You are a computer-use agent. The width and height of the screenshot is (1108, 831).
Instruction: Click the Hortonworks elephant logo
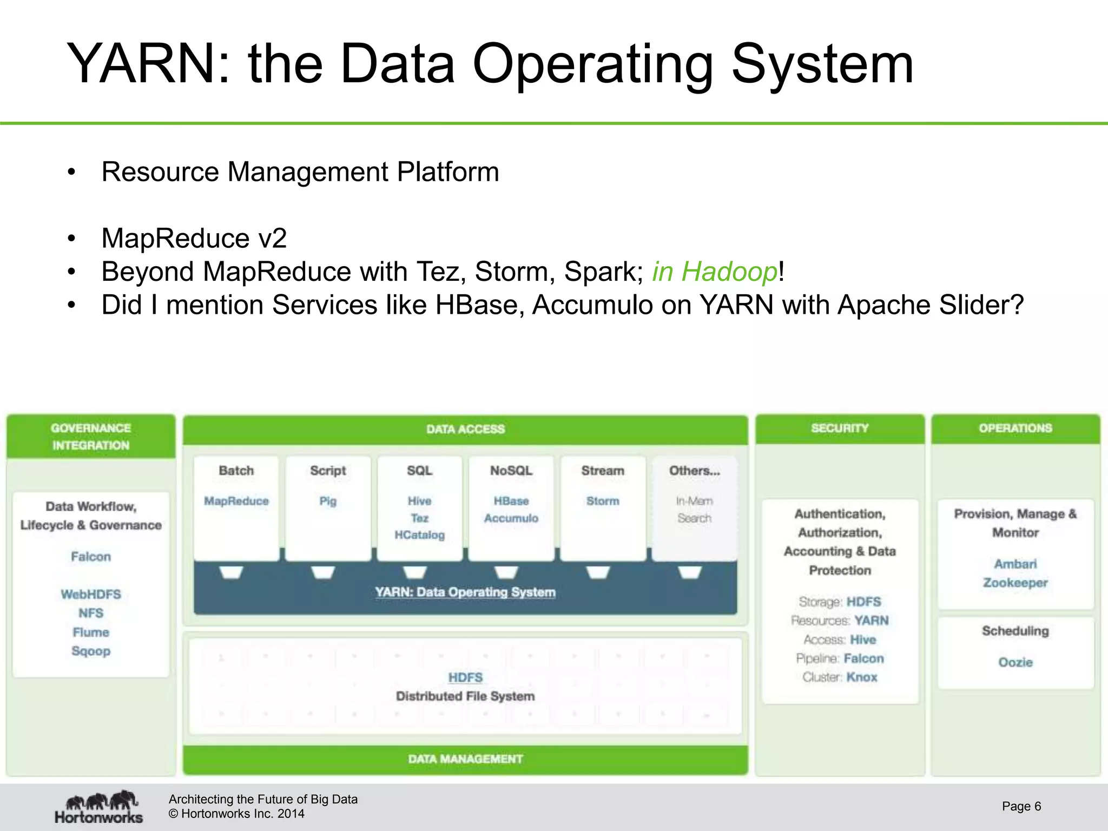pyautogui.click(x=99, y=806)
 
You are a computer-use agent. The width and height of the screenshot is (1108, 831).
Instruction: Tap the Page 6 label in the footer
pyautogui.click(x=1021, y=806)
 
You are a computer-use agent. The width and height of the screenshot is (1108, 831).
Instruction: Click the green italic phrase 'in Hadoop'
pyautogui.click(x=714, y=272)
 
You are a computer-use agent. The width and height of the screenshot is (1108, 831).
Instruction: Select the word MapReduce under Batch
pyautogui.click(x=236, y=501)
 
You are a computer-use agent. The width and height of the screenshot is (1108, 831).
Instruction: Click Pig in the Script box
pyautogui.click(x=328, y=501)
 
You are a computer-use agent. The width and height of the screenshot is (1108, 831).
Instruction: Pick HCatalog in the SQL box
pyautogui.click(x=419, y=535)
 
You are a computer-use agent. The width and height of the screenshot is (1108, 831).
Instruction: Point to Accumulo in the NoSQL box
pyautogui.click(x=511, y=518)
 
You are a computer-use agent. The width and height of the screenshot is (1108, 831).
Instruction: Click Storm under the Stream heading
pyautogui.click(x=602, y=501)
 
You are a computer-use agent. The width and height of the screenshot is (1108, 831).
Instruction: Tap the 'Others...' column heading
pyautogui.click(x=694, y=471)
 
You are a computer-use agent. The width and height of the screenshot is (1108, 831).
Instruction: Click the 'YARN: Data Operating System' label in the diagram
pyautogui.click(x=465, y=592)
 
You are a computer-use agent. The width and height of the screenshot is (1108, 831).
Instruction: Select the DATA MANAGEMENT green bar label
pyautogui.click(x=465, y=759)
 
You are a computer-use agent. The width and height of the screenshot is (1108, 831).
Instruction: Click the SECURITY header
pyautogui.click(x=840, y=428)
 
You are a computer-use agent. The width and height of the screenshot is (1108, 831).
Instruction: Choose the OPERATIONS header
pyautogui.click(x=1015, y=428)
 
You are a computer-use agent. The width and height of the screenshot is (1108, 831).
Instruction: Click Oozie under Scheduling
pyautogui.click(x=1015, y=662)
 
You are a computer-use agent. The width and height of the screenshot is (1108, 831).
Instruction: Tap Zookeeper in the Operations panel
pyautogui.click(x=1015, y=583)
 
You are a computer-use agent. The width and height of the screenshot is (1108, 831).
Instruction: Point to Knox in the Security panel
pyautogui.click(x=862, y=677)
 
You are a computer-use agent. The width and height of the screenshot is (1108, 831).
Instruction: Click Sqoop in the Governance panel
pyautogui.click(x=91, y=651)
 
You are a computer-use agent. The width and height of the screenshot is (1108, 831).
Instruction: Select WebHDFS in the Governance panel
pyautogui.click(x=91, y=594)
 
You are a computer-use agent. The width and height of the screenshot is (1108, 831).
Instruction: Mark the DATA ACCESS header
pyautogui.click(x=465, y=429)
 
